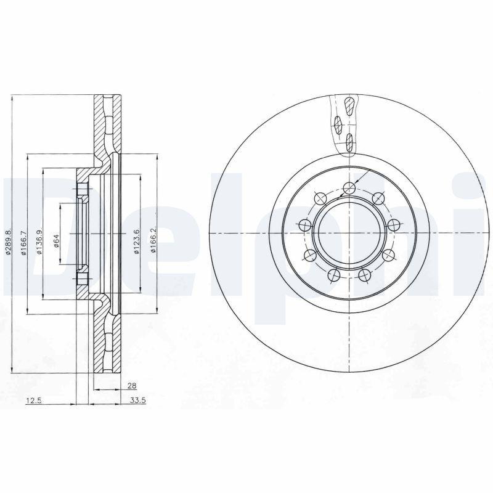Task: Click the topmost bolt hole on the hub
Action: coord(349,189)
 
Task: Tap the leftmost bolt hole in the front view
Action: coord(303,226)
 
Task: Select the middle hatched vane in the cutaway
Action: coord(338,125)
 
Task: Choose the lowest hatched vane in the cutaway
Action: coord(349,143)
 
